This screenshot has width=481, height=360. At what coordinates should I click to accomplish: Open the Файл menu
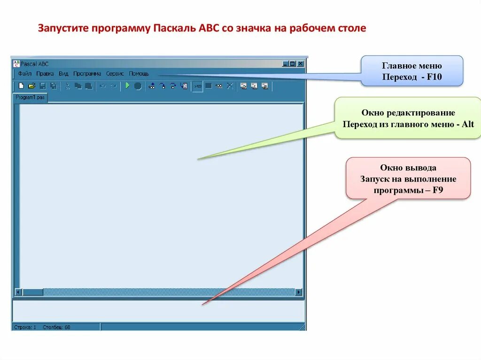pyautogui.click(x=25, y=74)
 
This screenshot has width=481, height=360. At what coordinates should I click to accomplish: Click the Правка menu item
pyautogui.click(x=45, y=74)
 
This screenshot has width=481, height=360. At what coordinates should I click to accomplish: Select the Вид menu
pyautogui.click(x=63, y=74)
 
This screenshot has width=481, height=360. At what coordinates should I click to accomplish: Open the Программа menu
pyautogui.click(x=87, y=74)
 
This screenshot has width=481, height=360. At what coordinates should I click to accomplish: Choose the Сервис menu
pyautogui.click(x=115, y=74)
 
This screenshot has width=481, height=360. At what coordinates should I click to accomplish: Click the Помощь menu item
pyautogui.click(x=139, y=74)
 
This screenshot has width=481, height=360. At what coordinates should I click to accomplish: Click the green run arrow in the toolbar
pyautogui.click(x=127, y=86)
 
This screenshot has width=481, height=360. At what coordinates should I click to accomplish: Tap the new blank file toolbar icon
pyautogui.click(x=21, y=86)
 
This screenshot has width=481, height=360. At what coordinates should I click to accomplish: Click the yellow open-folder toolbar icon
pyautogui.click(x=32, y=86)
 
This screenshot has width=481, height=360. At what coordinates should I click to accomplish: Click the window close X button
pyautogui.click(x=301, y=64)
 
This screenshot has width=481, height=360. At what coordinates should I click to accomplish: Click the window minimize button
pyautogui.click(x=285, y=64)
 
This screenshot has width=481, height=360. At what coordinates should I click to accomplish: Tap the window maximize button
pyautogui.click(x=293, y=64)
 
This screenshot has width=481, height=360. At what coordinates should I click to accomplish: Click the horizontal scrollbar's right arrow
pyautogui.click(x=298, y=292)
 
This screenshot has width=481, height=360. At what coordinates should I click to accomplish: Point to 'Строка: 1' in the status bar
pyautogui.click(x=25, y=327)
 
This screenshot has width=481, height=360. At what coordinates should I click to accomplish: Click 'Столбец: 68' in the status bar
pyautogui.click(x=56, y=327)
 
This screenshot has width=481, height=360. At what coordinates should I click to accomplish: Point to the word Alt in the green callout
pyautogui.click(x=467, y=124)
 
